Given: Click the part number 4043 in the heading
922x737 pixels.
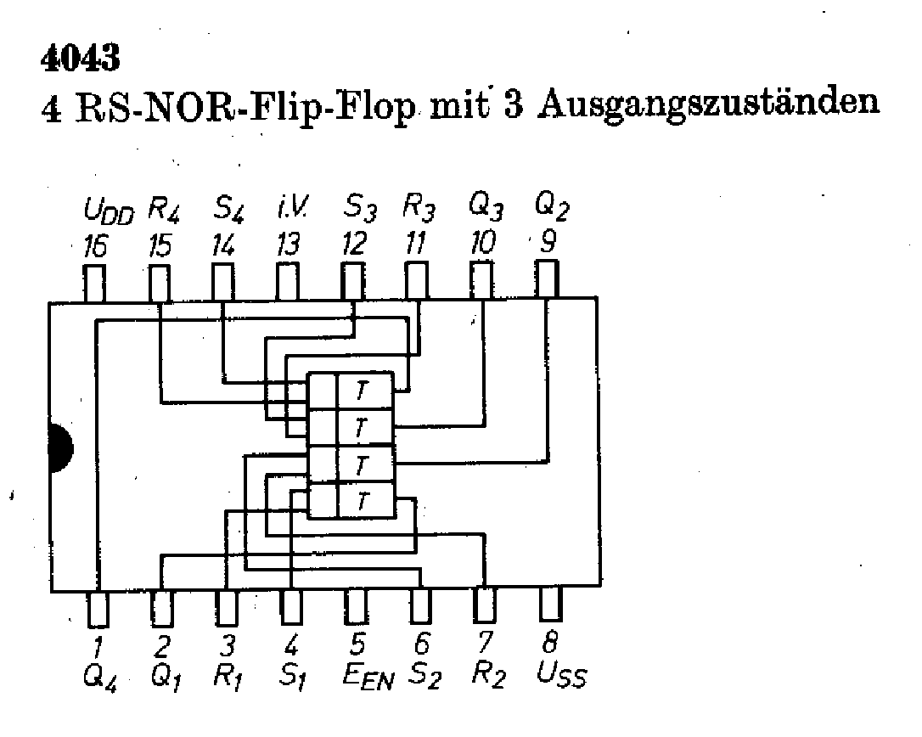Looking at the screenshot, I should [81, 59].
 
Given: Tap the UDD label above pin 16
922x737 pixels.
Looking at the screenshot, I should [110, 210].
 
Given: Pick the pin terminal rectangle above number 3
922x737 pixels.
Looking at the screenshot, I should [225, 607].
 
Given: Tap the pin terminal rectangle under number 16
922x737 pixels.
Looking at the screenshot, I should [94, 282].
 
